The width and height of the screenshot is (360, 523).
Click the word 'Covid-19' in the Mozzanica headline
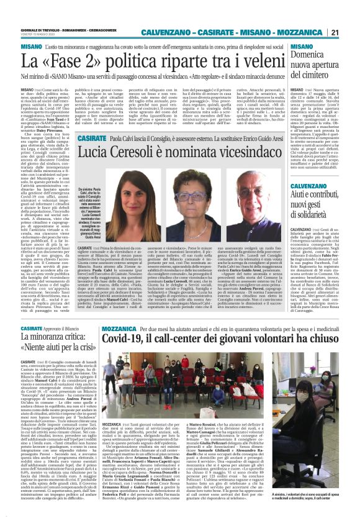133,338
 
